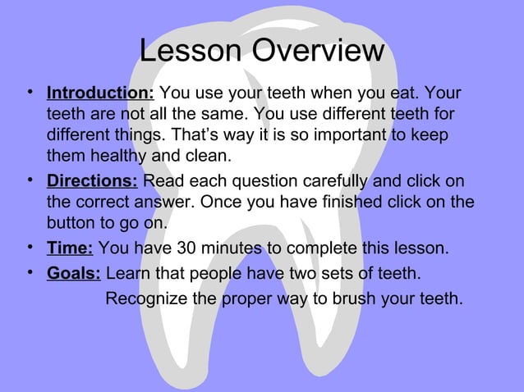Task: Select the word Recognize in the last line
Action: point(145,297)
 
